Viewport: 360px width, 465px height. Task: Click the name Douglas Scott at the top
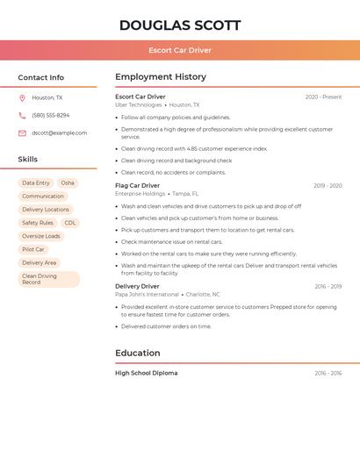(180, 25)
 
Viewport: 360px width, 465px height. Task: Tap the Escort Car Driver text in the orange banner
(180, 50)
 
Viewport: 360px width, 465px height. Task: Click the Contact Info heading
(41, 77)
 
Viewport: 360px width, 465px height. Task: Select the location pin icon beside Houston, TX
(22, 98)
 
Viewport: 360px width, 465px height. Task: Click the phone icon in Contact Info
(22, 116)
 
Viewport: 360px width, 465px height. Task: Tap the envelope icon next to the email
(22, 133)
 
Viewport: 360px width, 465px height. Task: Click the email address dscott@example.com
(60, 133)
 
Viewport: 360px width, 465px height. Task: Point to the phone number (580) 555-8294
(51, 116)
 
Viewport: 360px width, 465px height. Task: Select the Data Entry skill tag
(36, 183)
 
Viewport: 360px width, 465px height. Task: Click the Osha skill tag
(68, 183)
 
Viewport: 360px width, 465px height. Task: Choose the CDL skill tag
(70, 223)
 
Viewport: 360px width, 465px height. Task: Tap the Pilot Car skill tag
(33, 249)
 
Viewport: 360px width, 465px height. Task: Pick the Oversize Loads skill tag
(41, 236)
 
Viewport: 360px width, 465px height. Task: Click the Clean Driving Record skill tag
(40, 279)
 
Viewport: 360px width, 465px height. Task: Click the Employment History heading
(161, 77)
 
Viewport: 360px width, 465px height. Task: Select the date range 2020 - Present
(323, 97)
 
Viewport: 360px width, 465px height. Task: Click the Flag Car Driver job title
(138, 186)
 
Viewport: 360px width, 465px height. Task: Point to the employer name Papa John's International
(147, 295)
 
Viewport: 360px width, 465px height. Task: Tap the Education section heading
(138, 354)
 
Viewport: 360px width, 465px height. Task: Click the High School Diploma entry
(147, 374)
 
